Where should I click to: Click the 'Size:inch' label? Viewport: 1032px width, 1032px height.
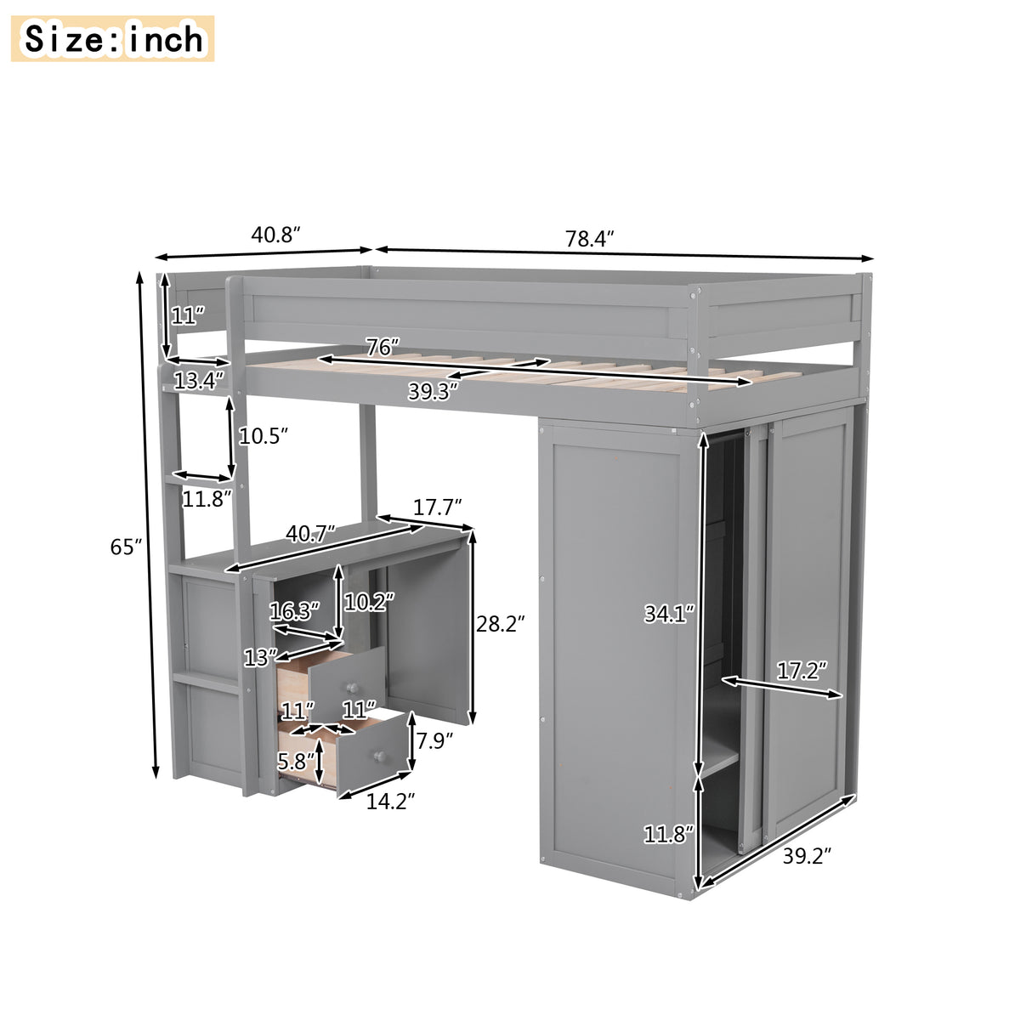tap(114, 39)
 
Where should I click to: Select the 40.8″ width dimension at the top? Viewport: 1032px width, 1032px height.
tap(276, 235)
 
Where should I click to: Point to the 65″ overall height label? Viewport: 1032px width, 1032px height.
tap(126, 547)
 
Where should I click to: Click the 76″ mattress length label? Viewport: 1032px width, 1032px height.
tap(383, 348)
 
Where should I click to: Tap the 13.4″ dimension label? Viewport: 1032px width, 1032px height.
tap(199, 380)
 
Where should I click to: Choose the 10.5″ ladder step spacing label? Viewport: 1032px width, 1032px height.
tap(264, 436)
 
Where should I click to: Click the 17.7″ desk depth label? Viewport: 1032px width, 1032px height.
tap(437, 507)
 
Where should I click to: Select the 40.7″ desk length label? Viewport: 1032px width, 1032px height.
tap(310, 535)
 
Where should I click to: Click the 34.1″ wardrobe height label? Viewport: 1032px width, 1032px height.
tap(669, 613)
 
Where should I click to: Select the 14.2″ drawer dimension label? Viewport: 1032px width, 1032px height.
tap(390, 801)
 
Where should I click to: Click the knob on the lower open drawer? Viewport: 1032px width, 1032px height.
tap(380, 755)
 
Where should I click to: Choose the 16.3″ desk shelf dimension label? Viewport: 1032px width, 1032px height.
tap(294, 611)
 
